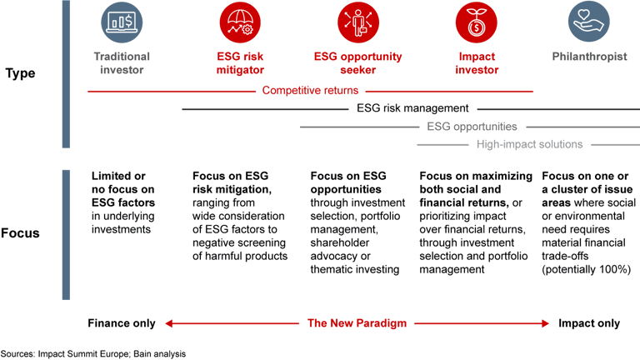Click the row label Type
click(x=21, y=73)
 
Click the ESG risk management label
click(x=412, y=108)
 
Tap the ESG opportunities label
click(x=472, y=127)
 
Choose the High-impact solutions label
click(x=529, y=145)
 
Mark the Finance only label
click(x=122, y=323)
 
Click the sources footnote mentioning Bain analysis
click(x=93, y=352)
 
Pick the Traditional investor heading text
click(x=121, y=63)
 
